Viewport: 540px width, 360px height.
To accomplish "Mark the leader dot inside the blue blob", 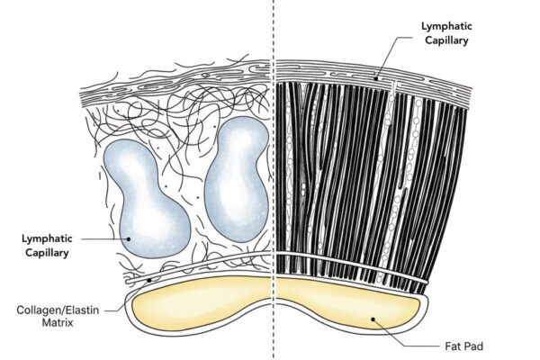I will point(130,239).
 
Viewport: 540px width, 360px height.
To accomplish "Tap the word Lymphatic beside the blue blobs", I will point(48,240).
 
